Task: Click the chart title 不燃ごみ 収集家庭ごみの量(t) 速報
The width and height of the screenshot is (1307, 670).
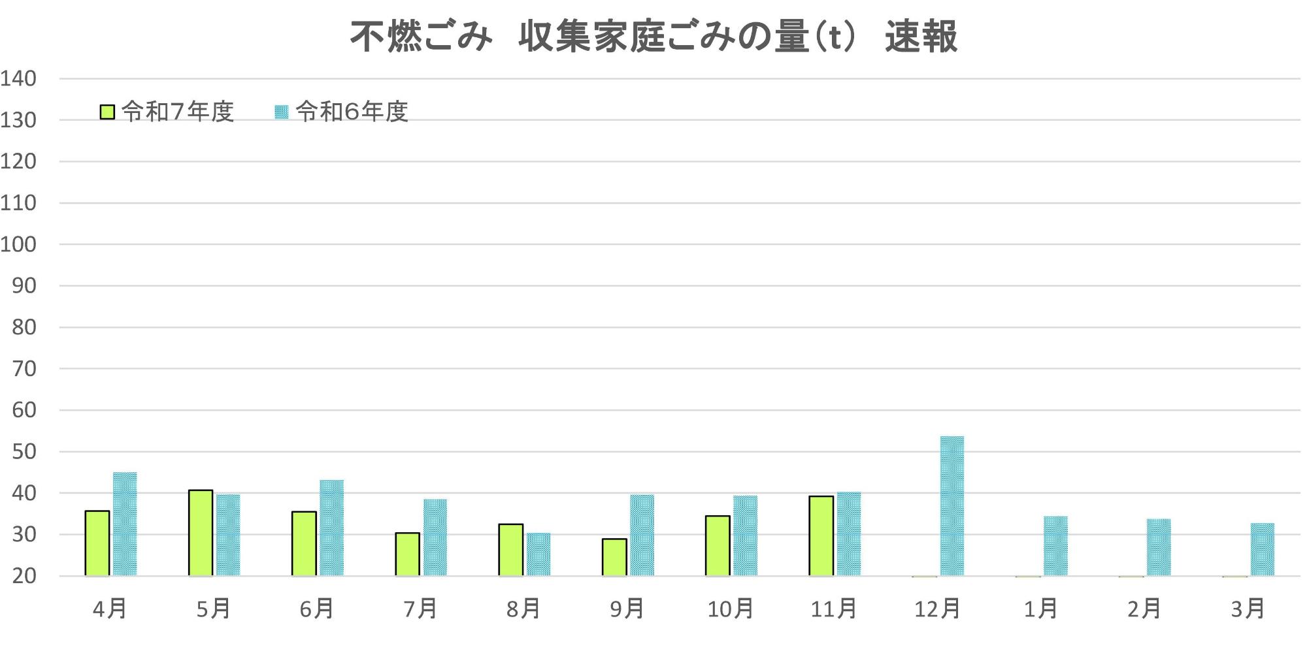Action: coord(653,37)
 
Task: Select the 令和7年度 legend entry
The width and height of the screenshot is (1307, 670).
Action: coord(167,112)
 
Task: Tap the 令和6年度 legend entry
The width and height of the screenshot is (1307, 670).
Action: coord(342,112)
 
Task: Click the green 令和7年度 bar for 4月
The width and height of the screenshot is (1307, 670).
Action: coord(97,543)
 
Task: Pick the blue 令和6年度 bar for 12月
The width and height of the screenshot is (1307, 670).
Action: coord(951,506)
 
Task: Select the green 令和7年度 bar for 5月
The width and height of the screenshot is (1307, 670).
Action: coord(201,533)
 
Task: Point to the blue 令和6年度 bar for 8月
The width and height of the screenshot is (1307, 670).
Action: coord(538,554)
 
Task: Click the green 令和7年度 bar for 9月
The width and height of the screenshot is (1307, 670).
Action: coord(614,557)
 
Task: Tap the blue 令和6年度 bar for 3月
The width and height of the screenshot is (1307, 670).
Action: coord(1262,549)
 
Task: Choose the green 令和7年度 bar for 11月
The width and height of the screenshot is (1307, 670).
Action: coord(821,536)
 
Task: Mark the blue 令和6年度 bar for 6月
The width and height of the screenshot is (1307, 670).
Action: coord(331,528)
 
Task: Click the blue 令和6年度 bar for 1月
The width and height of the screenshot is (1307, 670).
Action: coord(1055,546)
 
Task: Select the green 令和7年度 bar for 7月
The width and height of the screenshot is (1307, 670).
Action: coord(407,554)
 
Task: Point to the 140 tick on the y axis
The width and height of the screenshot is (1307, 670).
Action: coord(18,79)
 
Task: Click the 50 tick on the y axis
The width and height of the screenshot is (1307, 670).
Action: coord(24,452)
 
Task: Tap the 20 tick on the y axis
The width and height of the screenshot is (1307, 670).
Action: coord(24,576)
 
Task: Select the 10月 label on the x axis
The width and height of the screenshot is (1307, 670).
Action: coord(730,609)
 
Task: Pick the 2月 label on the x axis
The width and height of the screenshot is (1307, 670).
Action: coord(1144,609)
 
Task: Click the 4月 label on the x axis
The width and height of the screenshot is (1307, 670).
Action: coord(110,609)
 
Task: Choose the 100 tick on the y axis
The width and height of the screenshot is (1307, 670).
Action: coord(18,245)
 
